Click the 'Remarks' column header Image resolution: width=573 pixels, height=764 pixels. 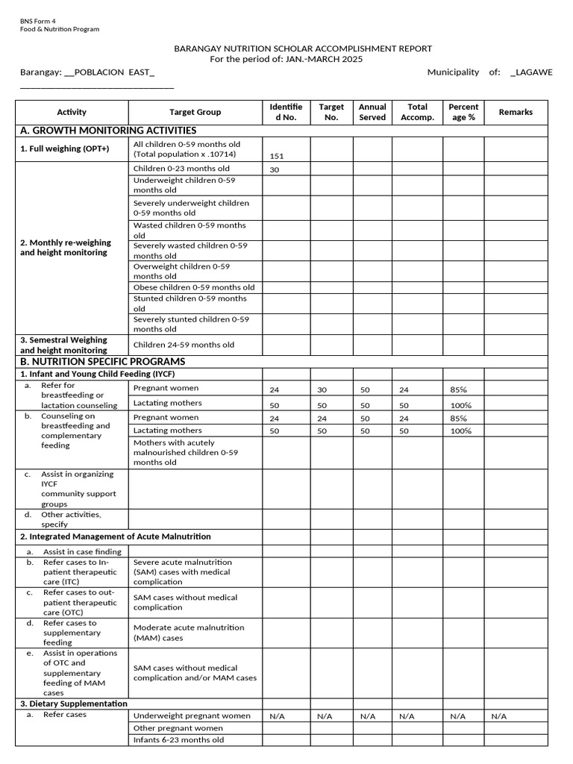point(516,112)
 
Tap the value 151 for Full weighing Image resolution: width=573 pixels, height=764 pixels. point(277,156)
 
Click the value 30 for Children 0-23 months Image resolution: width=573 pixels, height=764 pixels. point(274,169)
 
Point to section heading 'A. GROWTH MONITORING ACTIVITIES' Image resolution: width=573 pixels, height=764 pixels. point(108,131)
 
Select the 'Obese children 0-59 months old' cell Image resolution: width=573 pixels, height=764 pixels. point(194,287)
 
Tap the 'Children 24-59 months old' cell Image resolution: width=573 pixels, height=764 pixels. point(184,345)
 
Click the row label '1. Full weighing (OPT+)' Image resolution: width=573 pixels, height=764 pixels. point(64,148)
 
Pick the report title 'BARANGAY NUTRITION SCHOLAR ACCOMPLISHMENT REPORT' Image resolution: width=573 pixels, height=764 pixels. point(303,48)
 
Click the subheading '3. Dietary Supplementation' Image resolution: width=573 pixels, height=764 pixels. point(73,704)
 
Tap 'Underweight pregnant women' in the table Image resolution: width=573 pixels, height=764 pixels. point(192,716)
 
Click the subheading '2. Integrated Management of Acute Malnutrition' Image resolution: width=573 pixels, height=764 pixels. point(115,536)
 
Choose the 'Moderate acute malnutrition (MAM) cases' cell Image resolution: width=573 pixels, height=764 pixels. point(189,633)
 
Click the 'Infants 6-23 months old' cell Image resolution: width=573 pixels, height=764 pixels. point(178,740)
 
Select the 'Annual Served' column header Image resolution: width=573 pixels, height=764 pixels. point(372,112)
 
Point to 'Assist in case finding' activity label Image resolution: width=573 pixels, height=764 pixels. point(82,551)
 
